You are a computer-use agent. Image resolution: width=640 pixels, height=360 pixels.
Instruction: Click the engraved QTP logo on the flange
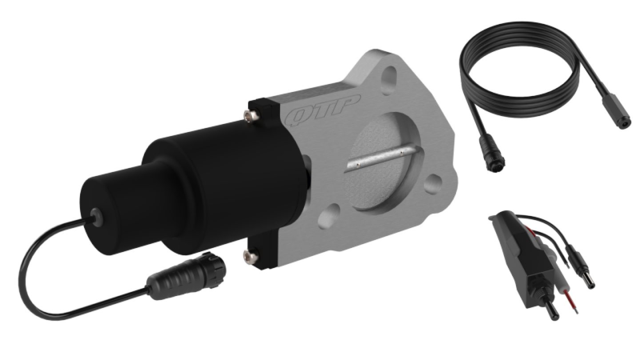tap(322, 110)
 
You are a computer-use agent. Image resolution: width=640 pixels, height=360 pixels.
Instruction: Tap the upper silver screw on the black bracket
tap(252, 116)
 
